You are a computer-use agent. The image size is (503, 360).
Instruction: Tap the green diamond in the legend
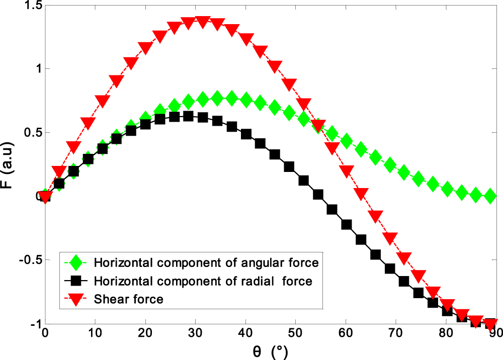(x=76, y=262)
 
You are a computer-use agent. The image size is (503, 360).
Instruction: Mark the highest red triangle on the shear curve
(x=203, y=22)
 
